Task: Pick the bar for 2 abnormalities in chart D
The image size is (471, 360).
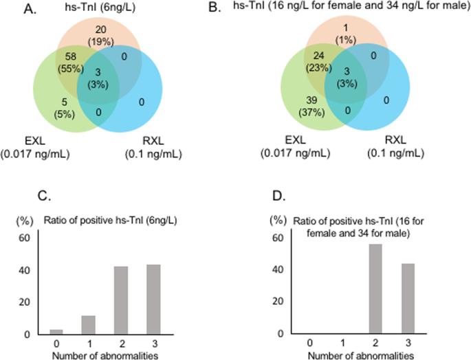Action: [375, 289]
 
